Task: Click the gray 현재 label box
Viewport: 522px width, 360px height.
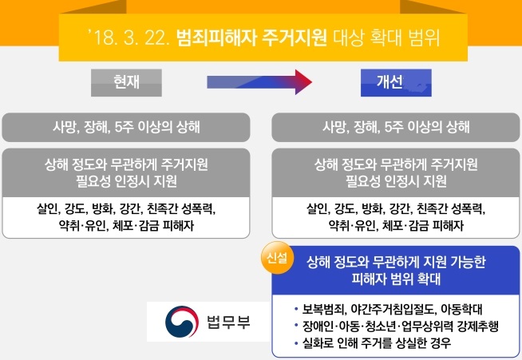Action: tap(126, 82)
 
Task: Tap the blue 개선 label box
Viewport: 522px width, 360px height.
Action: tap(396, 82)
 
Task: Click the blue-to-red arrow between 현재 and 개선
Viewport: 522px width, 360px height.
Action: tap(259, 82)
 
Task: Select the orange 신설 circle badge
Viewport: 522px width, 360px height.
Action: tap(277, 258)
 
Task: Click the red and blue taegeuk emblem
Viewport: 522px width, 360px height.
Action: tap(182, 322)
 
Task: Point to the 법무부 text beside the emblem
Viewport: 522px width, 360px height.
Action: tap(228, 322)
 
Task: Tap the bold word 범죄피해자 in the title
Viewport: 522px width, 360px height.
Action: tap(216, 38)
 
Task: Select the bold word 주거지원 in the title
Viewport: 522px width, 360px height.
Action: tap(295, 38)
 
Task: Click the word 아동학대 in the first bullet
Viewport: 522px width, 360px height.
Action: tap(461, 309)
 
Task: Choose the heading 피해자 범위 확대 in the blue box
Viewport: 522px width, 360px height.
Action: tap(396, 279)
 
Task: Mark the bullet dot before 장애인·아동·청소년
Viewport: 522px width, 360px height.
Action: tap(296, 326)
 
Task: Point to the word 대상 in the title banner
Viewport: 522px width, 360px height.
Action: tap(349, 38)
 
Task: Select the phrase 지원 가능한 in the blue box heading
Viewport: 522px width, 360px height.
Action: tap(454, 262)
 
